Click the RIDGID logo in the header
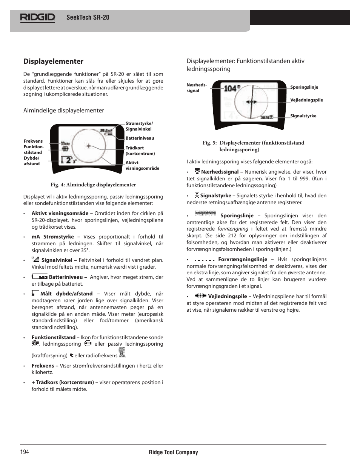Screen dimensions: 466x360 point(38,17)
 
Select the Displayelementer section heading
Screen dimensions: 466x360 point(53,62)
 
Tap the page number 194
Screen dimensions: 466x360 point(25,452)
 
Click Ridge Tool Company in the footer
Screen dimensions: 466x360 point(173,452)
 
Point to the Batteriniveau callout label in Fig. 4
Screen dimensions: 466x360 point(140,138)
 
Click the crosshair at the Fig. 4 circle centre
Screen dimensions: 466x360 point(89,146)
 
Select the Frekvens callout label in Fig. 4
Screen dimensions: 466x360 point(33,141)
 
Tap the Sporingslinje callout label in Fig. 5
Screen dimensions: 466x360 point(304,87)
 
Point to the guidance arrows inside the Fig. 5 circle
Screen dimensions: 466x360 point(251,102)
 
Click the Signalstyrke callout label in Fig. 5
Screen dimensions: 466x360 point(303,116)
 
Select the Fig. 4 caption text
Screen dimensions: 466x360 point(93,185)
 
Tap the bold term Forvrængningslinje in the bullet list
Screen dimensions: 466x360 point(242,260)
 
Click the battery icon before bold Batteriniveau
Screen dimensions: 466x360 point(40,277)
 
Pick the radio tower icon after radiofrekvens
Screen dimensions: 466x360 point(122,353)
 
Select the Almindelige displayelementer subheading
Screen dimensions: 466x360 point(63,111)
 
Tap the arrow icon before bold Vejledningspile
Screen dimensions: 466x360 point(200,296)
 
